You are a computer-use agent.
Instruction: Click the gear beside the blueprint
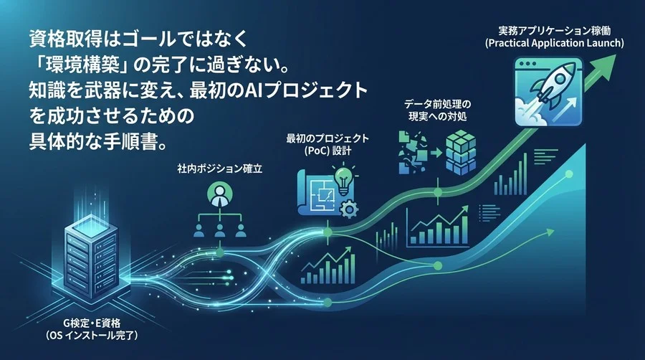350,210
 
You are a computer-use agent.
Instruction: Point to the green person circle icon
219,194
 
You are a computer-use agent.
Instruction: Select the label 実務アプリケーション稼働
554,31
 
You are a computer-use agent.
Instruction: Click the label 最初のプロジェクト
327,138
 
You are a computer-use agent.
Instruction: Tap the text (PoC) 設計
327,151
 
